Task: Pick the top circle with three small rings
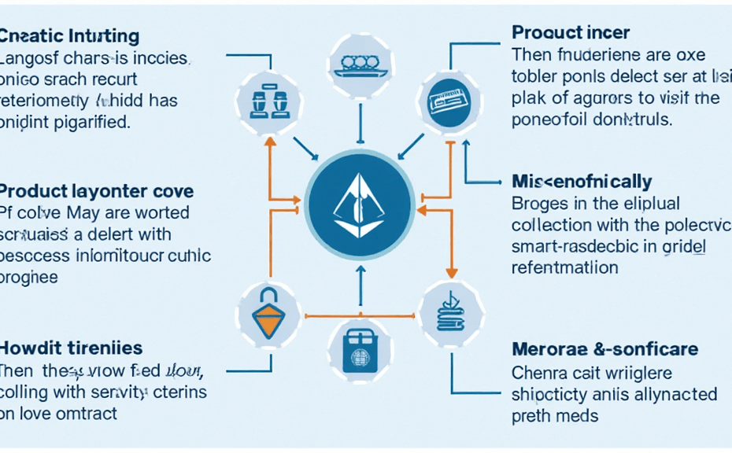coord(360,64)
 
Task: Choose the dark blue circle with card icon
coord(445,101)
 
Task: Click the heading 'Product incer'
coord(571,33)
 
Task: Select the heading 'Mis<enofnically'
coord(582,182)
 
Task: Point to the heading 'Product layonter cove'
coord(97,191)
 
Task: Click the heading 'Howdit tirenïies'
coord(72,347)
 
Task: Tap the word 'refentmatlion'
coord(564,267)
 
